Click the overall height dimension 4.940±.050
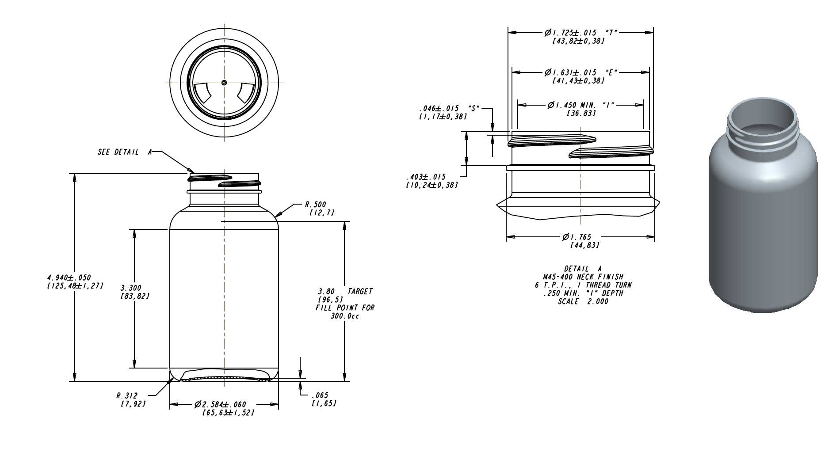click(69, 277)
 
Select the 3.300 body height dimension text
click(131, 288)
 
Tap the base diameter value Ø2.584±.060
click(220, 405)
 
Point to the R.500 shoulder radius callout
click(316, 205)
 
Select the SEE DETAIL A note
click(125, 152)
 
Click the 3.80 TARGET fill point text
click(345, 292)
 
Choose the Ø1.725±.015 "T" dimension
click(580, 33)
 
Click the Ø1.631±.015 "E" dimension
click(580, 72)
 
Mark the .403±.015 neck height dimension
click(426, 177)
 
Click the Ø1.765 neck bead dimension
click(577, 237)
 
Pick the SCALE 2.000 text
click(583, 301)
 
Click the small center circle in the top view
click(224, 83)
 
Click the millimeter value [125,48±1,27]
click(75, 285)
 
